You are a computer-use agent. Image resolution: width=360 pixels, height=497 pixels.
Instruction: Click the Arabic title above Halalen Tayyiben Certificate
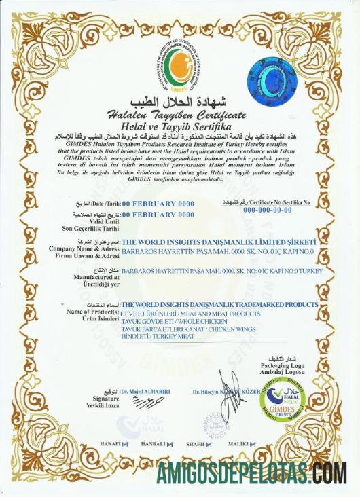point(180,103)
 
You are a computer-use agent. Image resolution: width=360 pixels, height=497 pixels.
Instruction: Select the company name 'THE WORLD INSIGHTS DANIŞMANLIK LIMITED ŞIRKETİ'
point(218,242)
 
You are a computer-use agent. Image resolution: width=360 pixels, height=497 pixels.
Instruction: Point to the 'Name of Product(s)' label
point(91,311)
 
